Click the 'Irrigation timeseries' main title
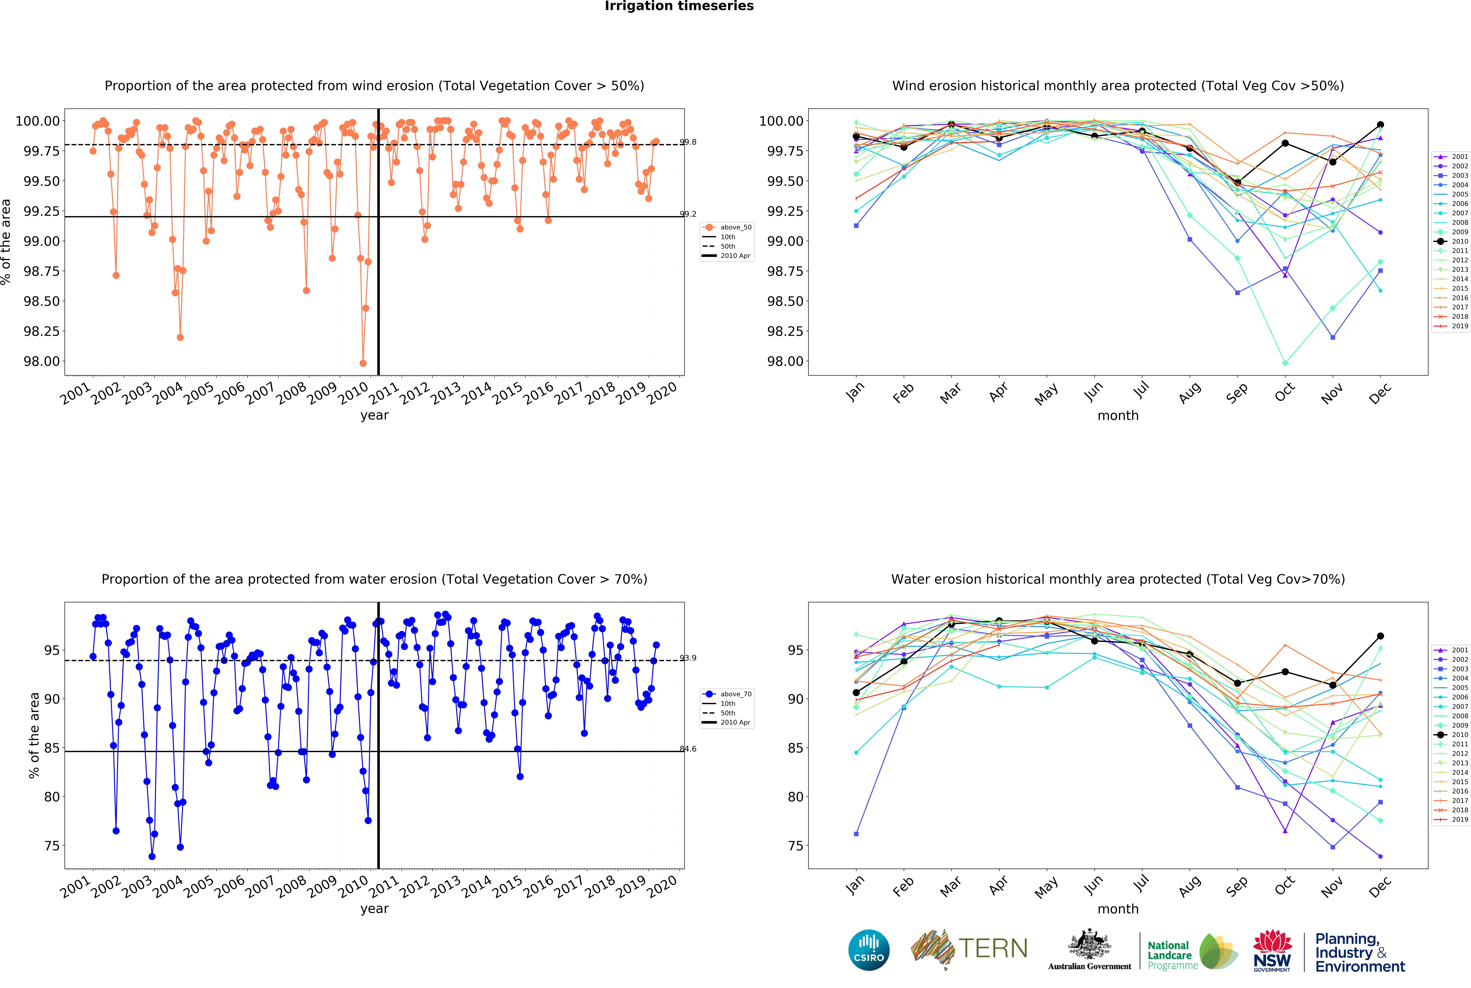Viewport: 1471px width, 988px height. [679, 6]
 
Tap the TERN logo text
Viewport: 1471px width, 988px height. [993, 948]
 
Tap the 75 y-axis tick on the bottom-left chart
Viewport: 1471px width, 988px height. [52, 846]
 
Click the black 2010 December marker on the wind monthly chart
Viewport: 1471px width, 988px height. [1380, 125]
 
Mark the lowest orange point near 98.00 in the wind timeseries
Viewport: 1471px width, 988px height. [363, 364]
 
